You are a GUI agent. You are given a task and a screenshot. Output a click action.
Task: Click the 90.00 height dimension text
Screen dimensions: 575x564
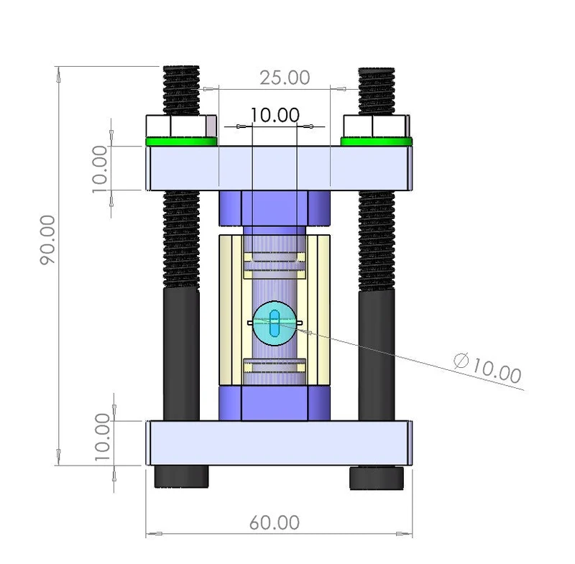pyautogui.click(x=47, y=239)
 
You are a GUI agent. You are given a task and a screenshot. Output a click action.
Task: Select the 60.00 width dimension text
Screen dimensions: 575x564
pyautogui.click(x=275, y=522)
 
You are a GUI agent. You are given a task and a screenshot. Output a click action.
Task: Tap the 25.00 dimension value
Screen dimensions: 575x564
pyautogui.click(x=285, y=78)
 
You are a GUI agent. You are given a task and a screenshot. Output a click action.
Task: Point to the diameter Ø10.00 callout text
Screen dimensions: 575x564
pyautogui.click(x=488, y=368)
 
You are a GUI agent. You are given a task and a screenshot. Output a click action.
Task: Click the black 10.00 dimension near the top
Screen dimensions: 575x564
pyautogui.click(x=275, y=115)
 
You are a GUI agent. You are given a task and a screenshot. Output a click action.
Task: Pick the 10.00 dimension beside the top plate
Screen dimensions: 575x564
pyautogui.click(x=100, y=169)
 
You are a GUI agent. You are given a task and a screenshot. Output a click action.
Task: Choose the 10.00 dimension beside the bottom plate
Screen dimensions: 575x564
pyautogui.click(x=102, y=438)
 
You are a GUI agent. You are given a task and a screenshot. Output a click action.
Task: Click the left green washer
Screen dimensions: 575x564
pyautogui.click(x=182, y=141)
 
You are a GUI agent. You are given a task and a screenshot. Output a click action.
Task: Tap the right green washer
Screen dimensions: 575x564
pyautogui.click(x=376, y=141)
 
